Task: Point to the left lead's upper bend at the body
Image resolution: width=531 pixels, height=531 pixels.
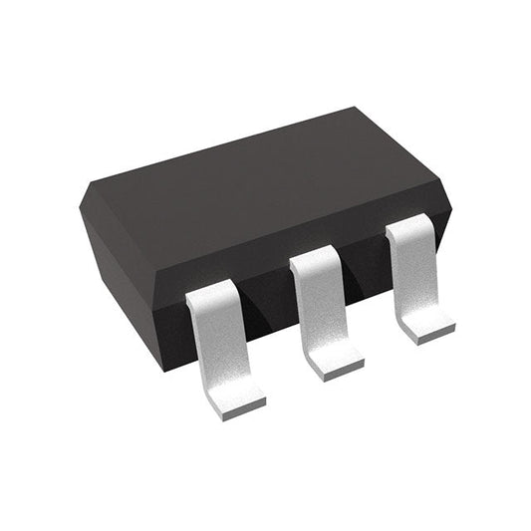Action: coord(212,290)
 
